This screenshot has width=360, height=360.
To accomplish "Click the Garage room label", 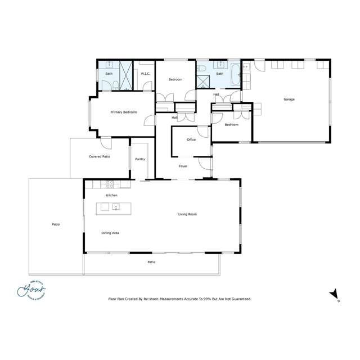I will (289, 100).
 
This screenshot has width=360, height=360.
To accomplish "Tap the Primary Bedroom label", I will (123, 112).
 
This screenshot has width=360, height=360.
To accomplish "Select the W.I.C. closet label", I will (145, 74).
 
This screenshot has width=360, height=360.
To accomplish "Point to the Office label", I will (191, 139).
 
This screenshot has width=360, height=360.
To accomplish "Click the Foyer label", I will (183, 166).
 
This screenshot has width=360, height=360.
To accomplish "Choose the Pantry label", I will (141, 159).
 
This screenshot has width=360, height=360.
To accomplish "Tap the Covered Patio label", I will (99, 156).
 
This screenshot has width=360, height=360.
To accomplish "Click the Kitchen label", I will (111, 195).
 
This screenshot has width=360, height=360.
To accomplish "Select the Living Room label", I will (187, 214).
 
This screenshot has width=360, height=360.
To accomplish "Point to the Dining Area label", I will (110, 233).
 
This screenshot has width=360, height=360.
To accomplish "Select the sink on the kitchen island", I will (116, 208).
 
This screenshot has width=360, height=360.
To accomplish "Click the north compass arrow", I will (334, 294).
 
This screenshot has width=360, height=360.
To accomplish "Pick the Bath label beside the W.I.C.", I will (109, 74).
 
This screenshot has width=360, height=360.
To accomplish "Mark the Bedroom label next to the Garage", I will (232, 125).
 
